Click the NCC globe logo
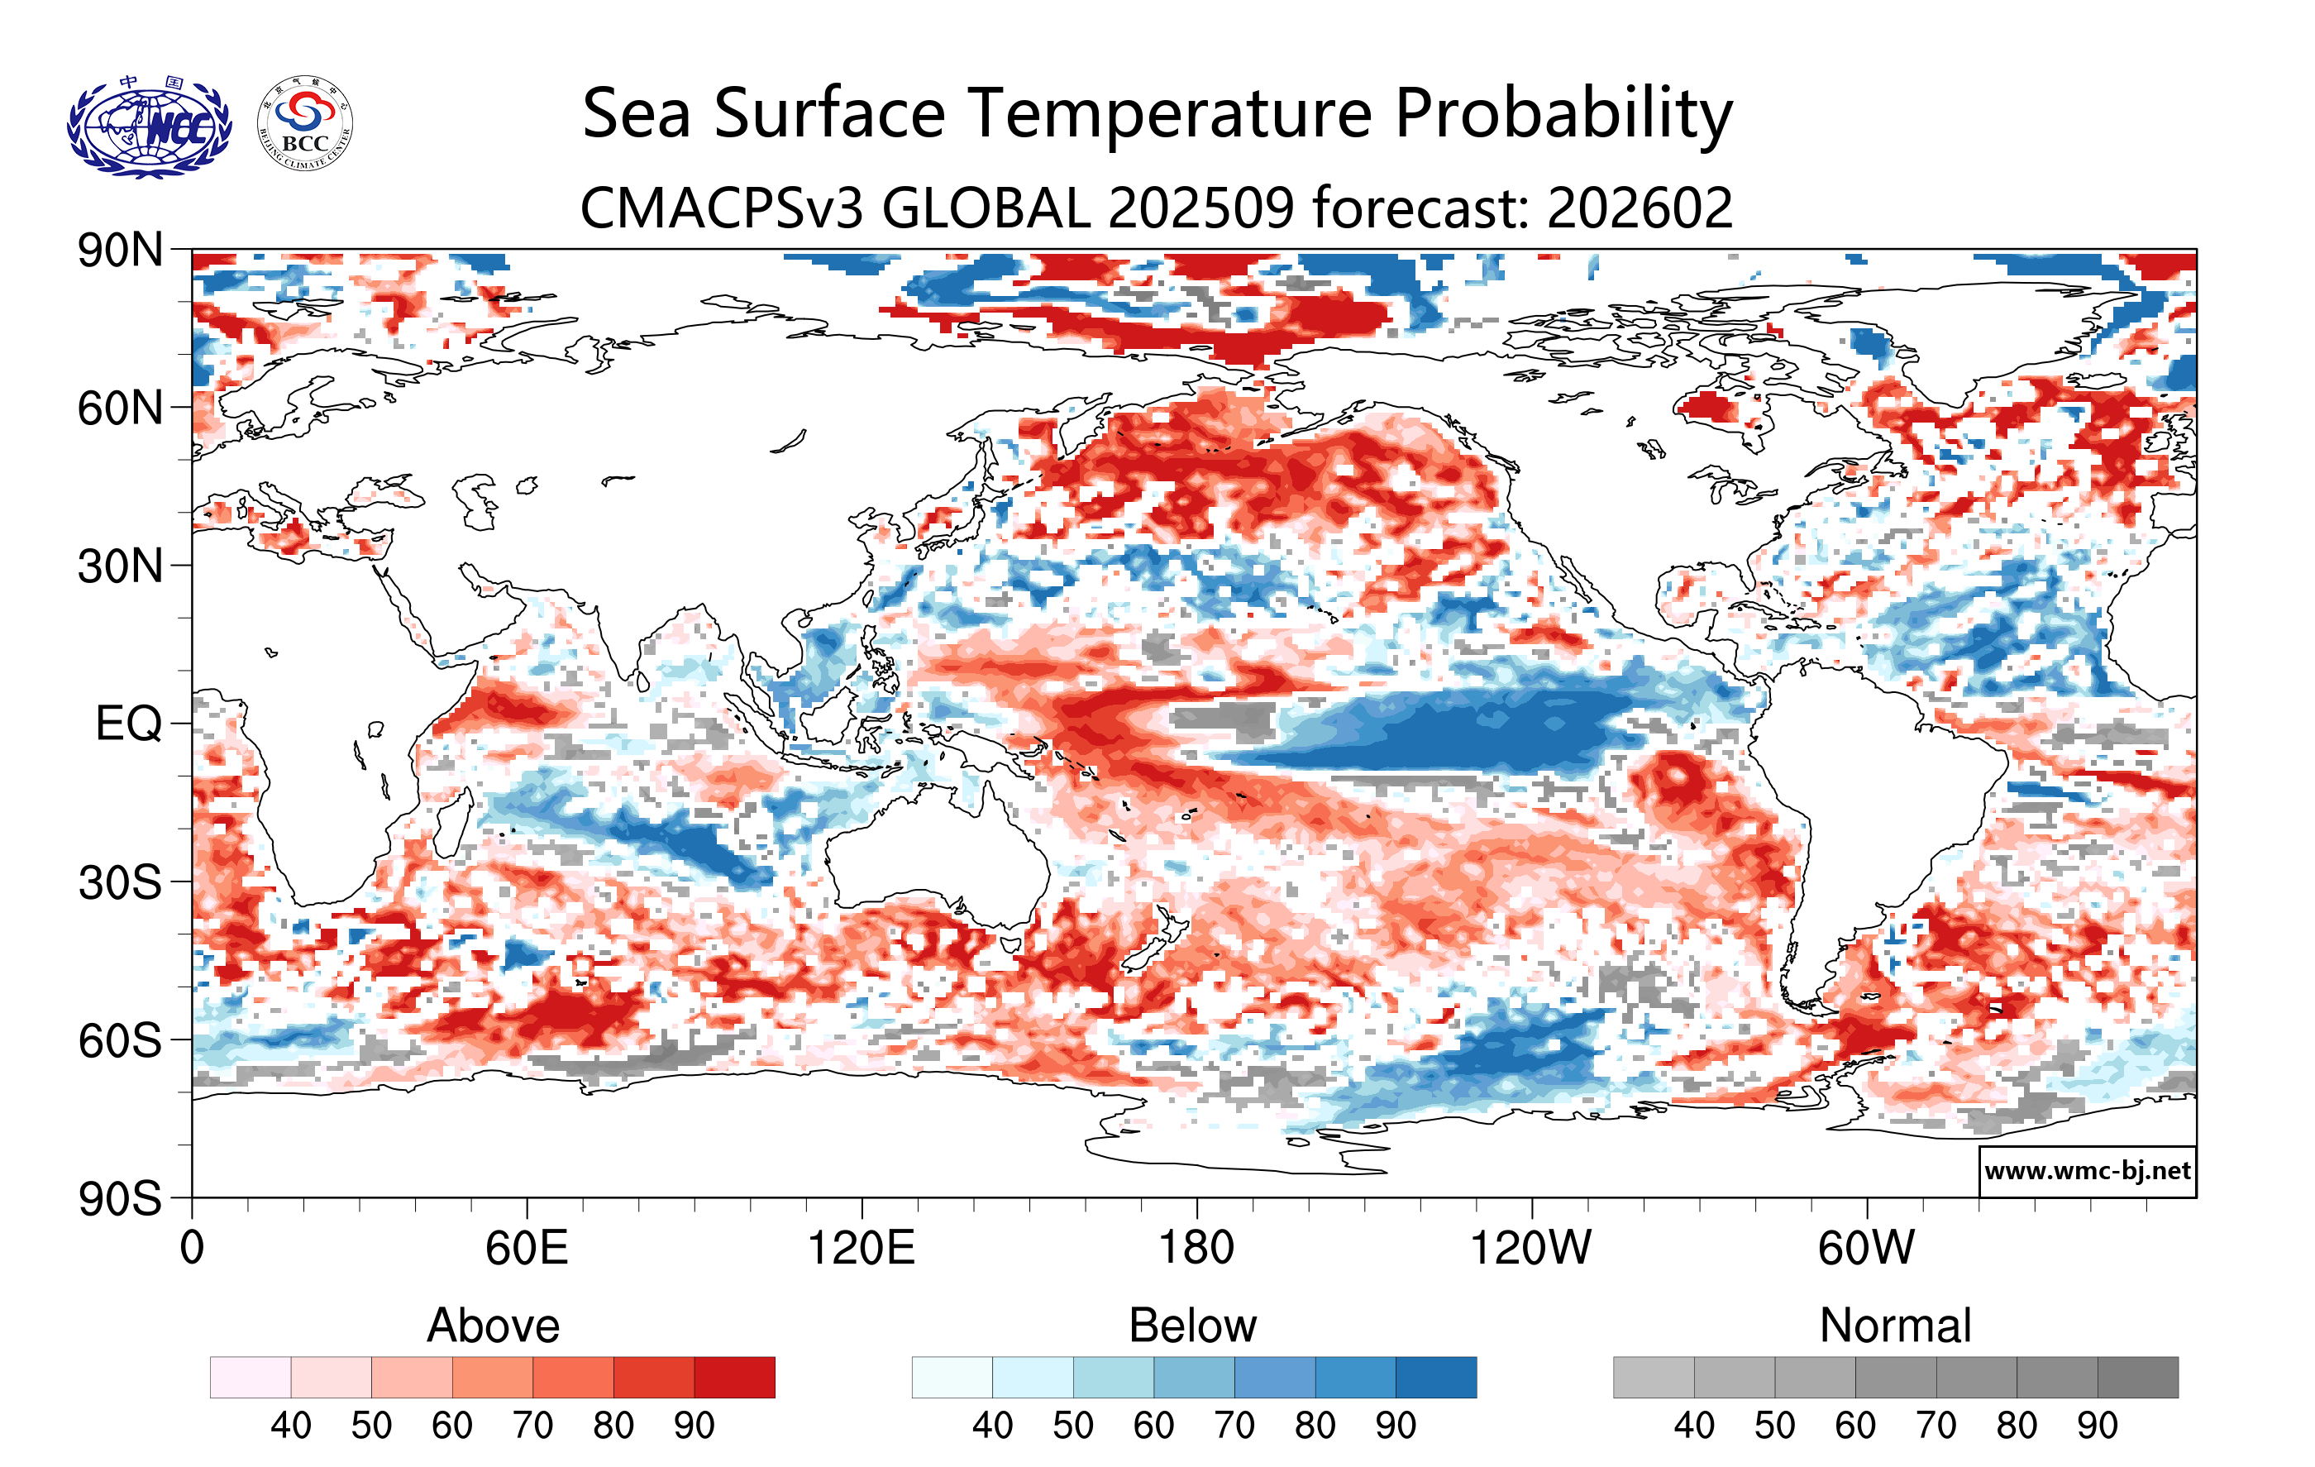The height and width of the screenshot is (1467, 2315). point(149,127)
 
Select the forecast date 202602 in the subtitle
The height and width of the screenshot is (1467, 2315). point(1640,208)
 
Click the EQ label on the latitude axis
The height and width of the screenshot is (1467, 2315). point(129,724)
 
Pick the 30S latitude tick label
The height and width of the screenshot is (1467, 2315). point(120,882)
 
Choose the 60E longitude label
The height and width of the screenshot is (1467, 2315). point(526,1249)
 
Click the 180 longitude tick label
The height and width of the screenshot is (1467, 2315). point(1196,1249)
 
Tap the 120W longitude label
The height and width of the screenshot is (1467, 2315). point(1530,1249)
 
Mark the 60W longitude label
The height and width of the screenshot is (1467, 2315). point(1866,1249)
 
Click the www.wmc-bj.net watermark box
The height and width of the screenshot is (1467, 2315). point(2087,1171)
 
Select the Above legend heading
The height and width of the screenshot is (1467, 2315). point(494,1326)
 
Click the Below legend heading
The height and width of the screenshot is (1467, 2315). point(1192,1326)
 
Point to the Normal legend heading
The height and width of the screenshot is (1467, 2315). point(1895,1326)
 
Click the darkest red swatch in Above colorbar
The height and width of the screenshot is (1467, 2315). point(734,1378)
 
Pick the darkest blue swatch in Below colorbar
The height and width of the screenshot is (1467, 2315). point(1435,1378)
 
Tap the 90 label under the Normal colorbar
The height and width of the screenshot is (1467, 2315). point(2097,1426)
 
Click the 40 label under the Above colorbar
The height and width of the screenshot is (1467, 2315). point(290,1426)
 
